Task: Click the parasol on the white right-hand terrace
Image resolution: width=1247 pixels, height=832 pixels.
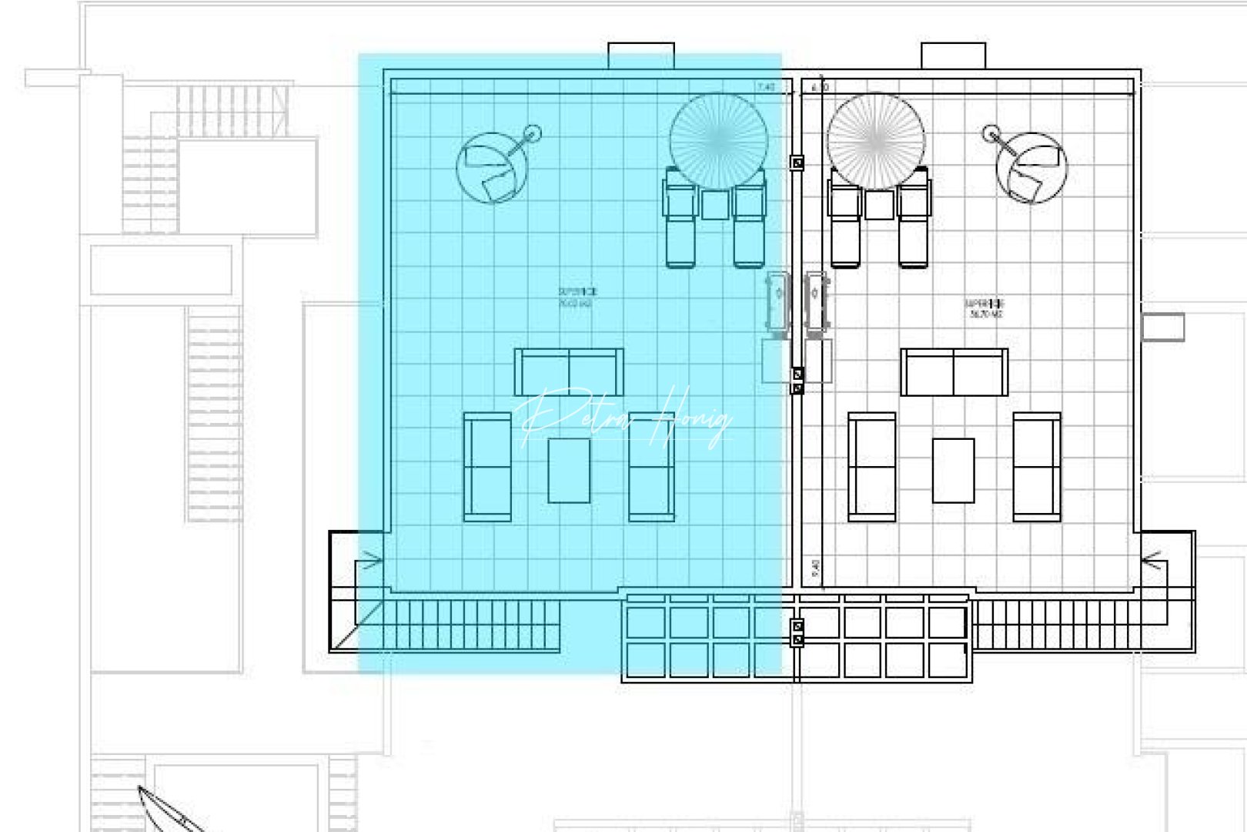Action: [876, 140]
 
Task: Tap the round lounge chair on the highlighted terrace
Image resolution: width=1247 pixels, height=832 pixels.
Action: [492, 168]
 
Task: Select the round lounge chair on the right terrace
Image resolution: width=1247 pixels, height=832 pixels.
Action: [1031, 168]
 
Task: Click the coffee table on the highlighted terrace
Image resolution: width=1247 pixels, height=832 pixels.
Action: [569, 470]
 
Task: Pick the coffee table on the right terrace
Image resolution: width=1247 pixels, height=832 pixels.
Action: [953, 470]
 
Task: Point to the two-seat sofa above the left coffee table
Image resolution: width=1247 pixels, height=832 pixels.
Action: [569, 371]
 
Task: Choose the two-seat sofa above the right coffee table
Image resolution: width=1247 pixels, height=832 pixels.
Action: [954, 371]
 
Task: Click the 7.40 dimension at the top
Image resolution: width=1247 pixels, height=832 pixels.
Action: [766, 87]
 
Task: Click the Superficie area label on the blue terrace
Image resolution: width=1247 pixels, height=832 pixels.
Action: [577, 297]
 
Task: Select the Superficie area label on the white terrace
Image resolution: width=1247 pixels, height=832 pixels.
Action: [985, 308]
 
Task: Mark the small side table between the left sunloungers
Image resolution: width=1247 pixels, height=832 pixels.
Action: [715, 205]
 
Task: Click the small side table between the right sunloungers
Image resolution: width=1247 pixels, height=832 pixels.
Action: [879, 205]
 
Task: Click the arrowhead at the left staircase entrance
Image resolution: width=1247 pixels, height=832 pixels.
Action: [373, 560]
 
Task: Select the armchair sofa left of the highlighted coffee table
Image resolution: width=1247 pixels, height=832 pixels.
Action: [487, 467]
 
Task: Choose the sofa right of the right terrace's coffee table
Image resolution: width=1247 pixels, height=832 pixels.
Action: [1036, 467]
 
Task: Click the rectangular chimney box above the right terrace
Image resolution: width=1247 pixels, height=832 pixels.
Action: [953, 55]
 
